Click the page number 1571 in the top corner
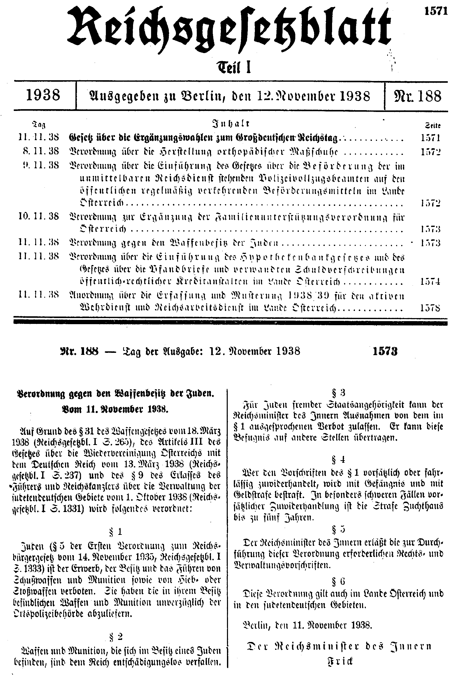(435, 4)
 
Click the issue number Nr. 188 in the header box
(417, 96)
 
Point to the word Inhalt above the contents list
(231, 124)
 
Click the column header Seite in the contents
(433, 126)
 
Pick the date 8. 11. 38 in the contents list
(41, 151)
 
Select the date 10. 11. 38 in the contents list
(38, 217)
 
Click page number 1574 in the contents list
(430, 282)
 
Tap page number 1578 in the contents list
(430, 308)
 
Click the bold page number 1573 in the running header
(385, 351)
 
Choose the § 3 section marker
(338, 393)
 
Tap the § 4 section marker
(338, 460)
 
